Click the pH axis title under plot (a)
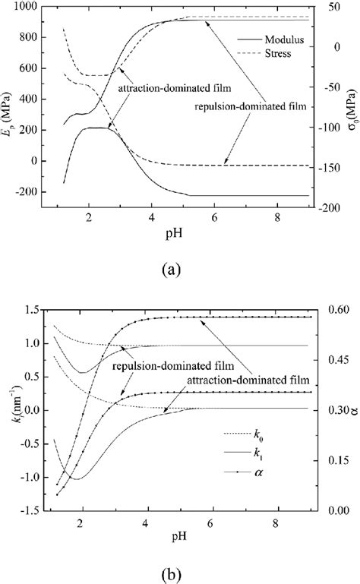(x=182, y=237)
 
